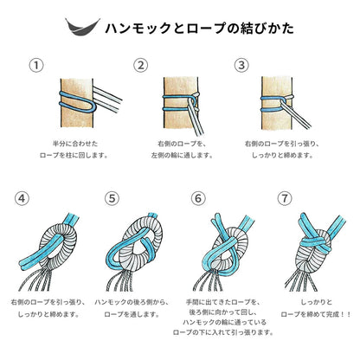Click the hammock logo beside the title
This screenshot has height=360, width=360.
pyautogui.click(x=82, y=28)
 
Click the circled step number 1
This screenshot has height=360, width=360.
pyautogui.click(x=36, y=66)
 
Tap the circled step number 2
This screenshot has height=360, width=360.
pyautogui.click(x=140, y=66)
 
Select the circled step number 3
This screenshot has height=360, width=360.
pyautogui.click(x=241, y=66)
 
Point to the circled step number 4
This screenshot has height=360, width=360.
pyautogui.click(x=22, y=198)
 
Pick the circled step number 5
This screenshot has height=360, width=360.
pyautogui.click(x=112, y=198)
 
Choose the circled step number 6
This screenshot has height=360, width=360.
pyautogui.click(x=198, y=198)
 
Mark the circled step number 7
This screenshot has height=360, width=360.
pyautogui.click(x=285, y=198)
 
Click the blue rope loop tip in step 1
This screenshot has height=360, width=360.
pyautogui.click(x=94, y=106)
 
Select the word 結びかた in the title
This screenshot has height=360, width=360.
pyautogui.click(x=267, y=29)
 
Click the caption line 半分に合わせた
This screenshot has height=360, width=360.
pyautogui.click(x=75, y=144)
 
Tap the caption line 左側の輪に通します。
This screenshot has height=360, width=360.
pyautogui.click(x=183, y=155)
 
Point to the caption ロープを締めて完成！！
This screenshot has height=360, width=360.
pyautogui.click(x=316, y=314)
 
